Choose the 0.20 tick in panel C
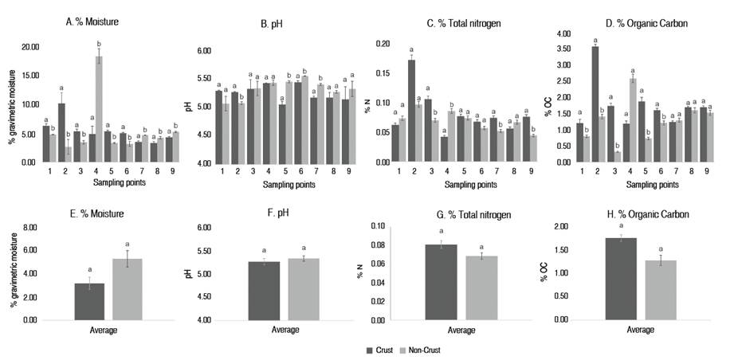(383, 44)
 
